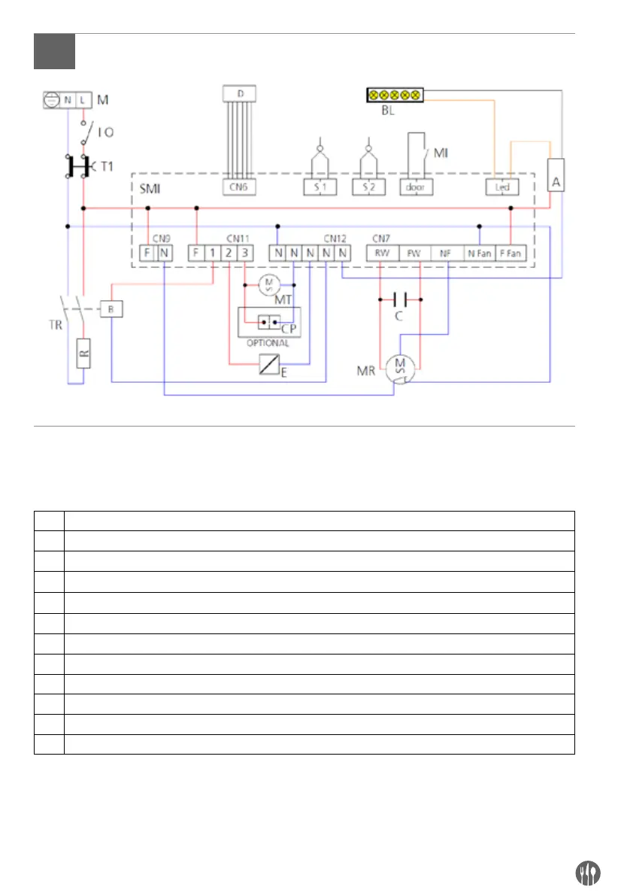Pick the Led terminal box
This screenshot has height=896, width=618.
click(498, 185)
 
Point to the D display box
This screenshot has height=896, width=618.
click(241, 93)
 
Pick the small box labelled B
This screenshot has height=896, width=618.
click(111, 309)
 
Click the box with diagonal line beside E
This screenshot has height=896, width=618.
click(268, 366)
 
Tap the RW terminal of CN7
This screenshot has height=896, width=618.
click(382, 254)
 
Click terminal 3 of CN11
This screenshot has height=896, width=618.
click(245, 254)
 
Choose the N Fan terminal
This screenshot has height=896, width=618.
click(478, 254)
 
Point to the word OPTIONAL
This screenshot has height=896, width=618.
click(268, 342)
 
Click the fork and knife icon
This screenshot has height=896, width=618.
click(587, 872)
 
